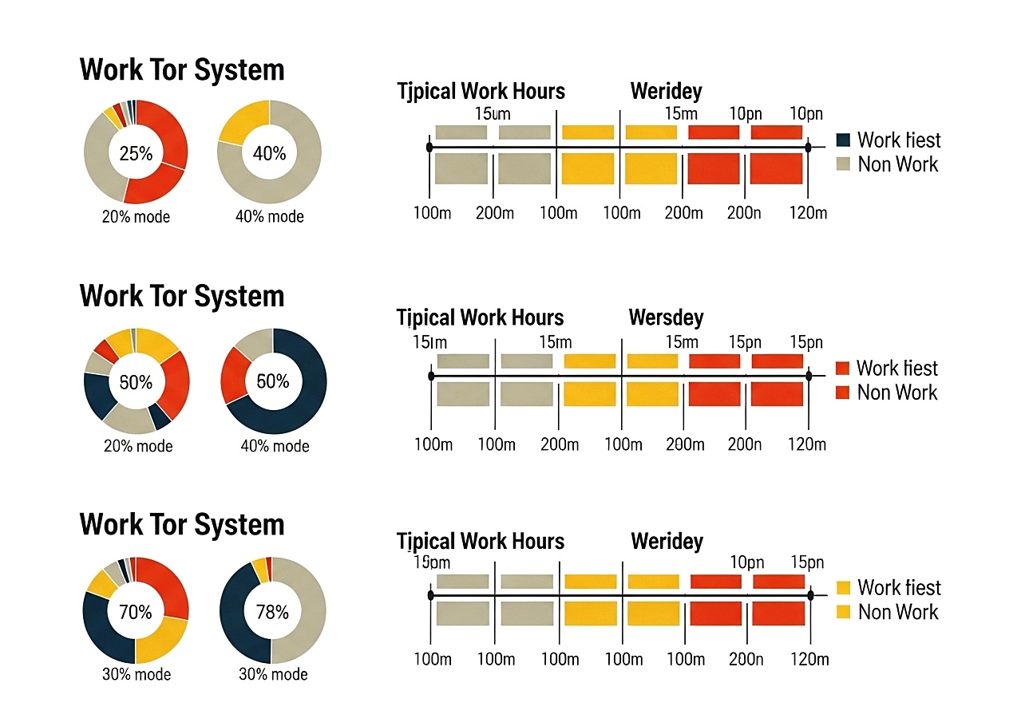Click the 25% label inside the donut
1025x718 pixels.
pyautogui.click(x=136, y=153)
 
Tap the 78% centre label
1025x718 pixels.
pyautogui.click(x=272, y=612)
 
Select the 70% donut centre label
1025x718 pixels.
pyautogui.click(x=136, y=612)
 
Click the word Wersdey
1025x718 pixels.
pyautogui.click(x=666, y=318)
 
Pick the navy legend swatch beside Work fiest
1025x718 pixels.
pyautogui.click(x=843, y=140)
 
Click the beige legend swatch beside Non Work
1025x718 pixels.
pyautogui.click(x=843, y=164)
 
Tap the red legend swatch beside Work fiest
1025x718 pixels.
pyautogui.click(x=842, y=368)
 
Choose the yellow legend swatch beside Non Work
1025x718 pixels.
pyautogui.click(x=843, y=612)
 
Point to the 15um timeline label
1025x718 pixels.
pyautogui.click(x=492, y=113)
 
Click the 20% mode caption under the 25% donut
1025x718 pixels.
pyautogui.click(x=136, y=216)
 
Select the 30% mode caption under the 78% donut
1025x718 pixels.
pyautogui.click(x=273, y=674)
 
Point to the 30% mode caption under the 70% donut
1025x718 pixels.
pyautogui.click(x=137, y=674)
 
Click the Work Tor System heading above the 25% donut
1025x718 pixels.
pyautogui.click(x=182, y=70)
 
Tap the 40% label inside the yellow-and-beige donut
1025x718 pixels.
pyautogui.click(x=269, y=153)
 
